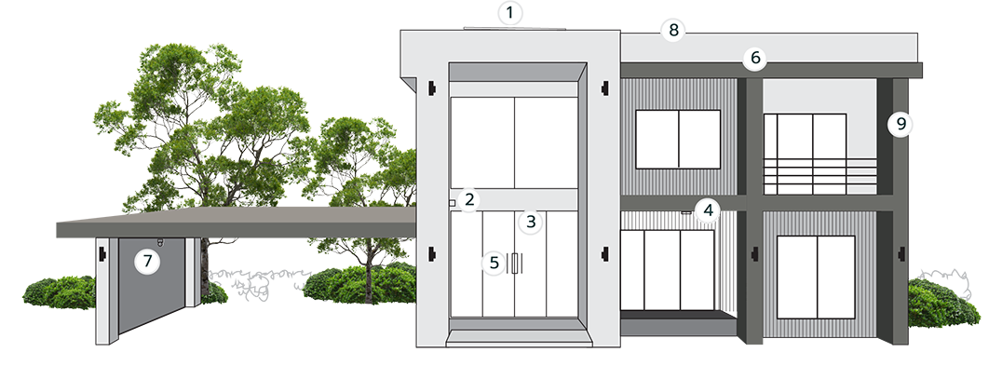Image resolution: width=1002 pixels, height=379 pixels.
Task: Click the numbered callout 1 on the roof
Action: pyautogui.click(x=510, y=13)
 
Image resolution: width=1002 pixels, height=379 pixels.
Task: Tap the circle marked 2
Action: pyautogui.click(x=469, y=199)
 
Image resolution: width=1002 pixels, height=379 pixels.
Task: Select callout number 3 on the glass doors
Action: pyautogui.click(x=531, y=222)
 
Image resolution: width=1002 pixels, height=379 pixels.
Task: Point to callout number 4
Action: pyautogui.click(x=708, y=210)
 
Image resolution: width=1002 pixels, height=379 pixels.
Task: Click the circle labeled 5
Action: pyautogui.click(x=494, y=263)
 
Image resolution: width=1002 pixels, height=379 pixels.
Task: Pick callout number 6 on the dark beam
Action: pyautogui.click(x=755, y=58)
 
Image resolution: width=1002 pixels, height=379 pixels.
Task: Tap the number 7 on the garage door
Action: pyautogui.click(x=147, y=261)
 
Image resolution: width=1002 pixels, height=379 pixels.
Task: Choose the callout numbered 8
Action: pyautogui.click(x=673, y=30)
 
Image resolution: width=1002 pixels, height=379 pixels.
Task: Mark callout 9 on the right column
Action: pyautogui.click(x=901, y=124)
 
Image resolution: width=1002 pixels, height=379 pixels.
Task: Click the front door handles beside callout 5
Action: pyautogui.click(x=514, y=264)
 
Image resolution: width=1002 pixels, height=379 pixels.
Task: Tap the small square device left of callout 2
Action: pyautogui.click(x=452, y=203)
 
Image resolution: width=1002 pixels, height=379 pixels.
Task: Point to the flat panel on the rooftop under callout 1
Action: pyautogui.click(x=514, y=28)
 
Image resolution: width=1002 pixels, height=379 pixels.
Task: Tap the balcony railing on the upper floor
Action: pyautogui.click(x=819, y=176)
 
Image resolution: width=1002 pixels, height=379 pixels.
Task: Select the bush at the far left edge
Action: pyautogui.click(x=60, y=292)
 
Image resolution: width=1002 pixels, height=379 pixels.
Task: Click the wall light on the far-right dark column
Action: pyautogui.click(x=901, y=254)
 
